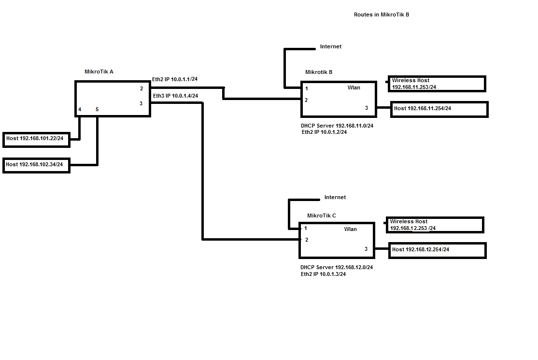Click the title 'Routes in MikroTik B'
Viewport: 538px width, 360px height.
tap(382, 14)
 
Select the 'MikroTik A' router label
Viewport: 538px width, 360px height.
tap(99, 72)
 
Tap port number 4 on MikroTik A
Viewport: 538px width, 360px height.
tap(80, 110)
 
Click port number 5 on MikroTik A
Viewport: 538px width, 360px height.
tap(97, 110)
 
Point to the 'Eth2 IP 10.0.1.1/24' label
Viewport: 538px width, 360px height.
tap(175, 79)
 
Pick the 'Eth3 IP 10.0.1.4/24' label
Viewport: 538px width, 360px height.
tap(175, 96)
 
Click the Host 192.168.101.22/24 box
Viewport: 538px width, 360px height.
tap(36, 139)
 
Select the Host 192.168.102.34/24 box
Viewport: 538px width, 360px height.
tap(36, 165)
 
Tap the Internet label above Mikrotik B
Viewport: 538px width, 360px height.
tap(331, 46)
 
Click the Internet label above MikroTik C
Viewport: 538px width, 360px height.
tap(335, 197)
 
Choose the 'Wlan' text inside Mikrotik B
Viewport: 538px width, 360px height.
tap(354, 87)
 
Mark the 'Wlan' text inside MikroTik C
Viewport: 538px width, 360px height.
tap(351, 229)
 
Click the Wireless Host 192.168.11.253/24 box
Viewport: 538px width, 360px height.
tap(437, 84)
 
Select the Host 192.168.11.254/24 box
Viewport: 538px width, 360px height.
tap(439, 109)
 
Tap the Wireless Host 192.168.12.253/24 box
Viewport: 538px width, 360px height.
tap(435, 225)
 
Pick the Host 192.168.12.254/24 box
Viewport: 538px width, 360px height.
tap(437, 250)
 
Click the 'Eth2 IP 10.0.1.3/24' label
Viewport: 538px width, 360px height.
tap(323, 274)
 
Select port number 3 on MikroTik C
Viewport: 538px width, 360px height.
tap(366, 249)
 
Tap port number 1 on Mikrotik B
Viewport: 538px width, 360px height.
tap(307, 88)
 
